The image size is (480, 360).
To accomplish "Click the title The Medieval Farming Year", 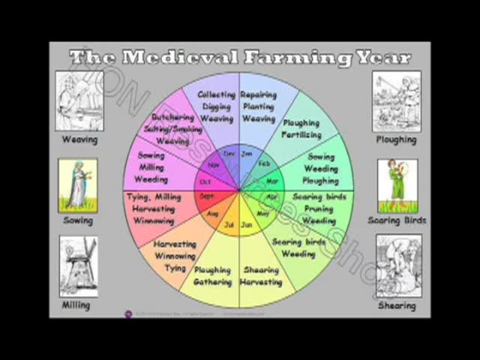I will (x=240, y=57).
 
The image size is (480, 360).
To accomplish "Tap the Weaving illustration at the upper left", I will (x=79, y=101).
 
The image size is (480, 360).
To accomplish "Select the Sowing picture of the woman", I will (x=78, y=185).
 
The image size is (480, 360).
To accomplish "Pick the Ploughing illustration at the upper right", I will (x=396, y=100).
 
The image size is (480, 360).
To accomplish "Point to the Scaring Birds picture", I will (x=397, y=185).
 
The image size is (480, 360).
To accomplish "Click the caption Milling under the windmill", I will (x=76, y=305).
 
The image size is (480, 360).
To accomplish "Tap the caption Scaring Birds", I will (x=397, y=220).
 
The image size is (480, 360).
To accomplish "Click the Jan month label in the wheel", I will (x=247, y=154).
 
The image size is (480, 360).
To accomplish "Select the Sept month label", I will (x=208, y=196).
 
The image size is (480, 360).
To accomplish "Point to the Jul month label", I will (x=229, y=224).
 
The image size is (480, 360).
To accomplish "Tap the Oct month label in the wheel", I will (x=205, y=181).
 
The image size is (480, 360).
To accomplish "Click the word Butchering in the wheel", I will (x=173, y=118).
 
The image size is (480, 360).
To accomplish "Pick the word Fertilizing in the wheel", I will (x=301, y=135).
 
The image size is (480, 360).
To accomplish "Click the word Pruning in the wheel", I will (x=318, y=209).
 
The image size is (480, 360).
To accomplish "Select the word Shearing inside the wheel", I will (x=260, y=270).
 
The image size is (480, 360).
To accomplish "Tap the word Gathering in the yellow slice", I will (x=212, y=282).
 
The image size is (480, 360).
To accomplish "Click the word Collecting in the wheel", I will (x=217, y=95).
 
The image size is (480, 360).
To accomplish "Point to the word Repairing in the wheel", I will (x=259, y=95).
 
